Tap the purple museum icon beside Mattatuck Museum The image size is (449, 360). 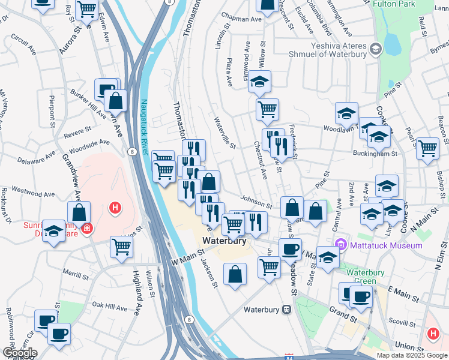coord(342,245)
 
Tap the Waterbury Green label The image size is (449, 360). coord(361,276)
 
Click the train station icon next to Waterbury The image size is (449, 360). coord(287,310)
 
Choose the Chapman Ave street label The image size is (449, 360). coord(242,19)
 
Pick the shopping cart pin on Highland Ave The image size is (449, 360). coord(122,245)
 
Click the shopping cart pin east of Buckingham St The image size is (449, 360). coord(427,148)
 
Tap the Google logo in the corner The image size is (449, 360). coord(19,353)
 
